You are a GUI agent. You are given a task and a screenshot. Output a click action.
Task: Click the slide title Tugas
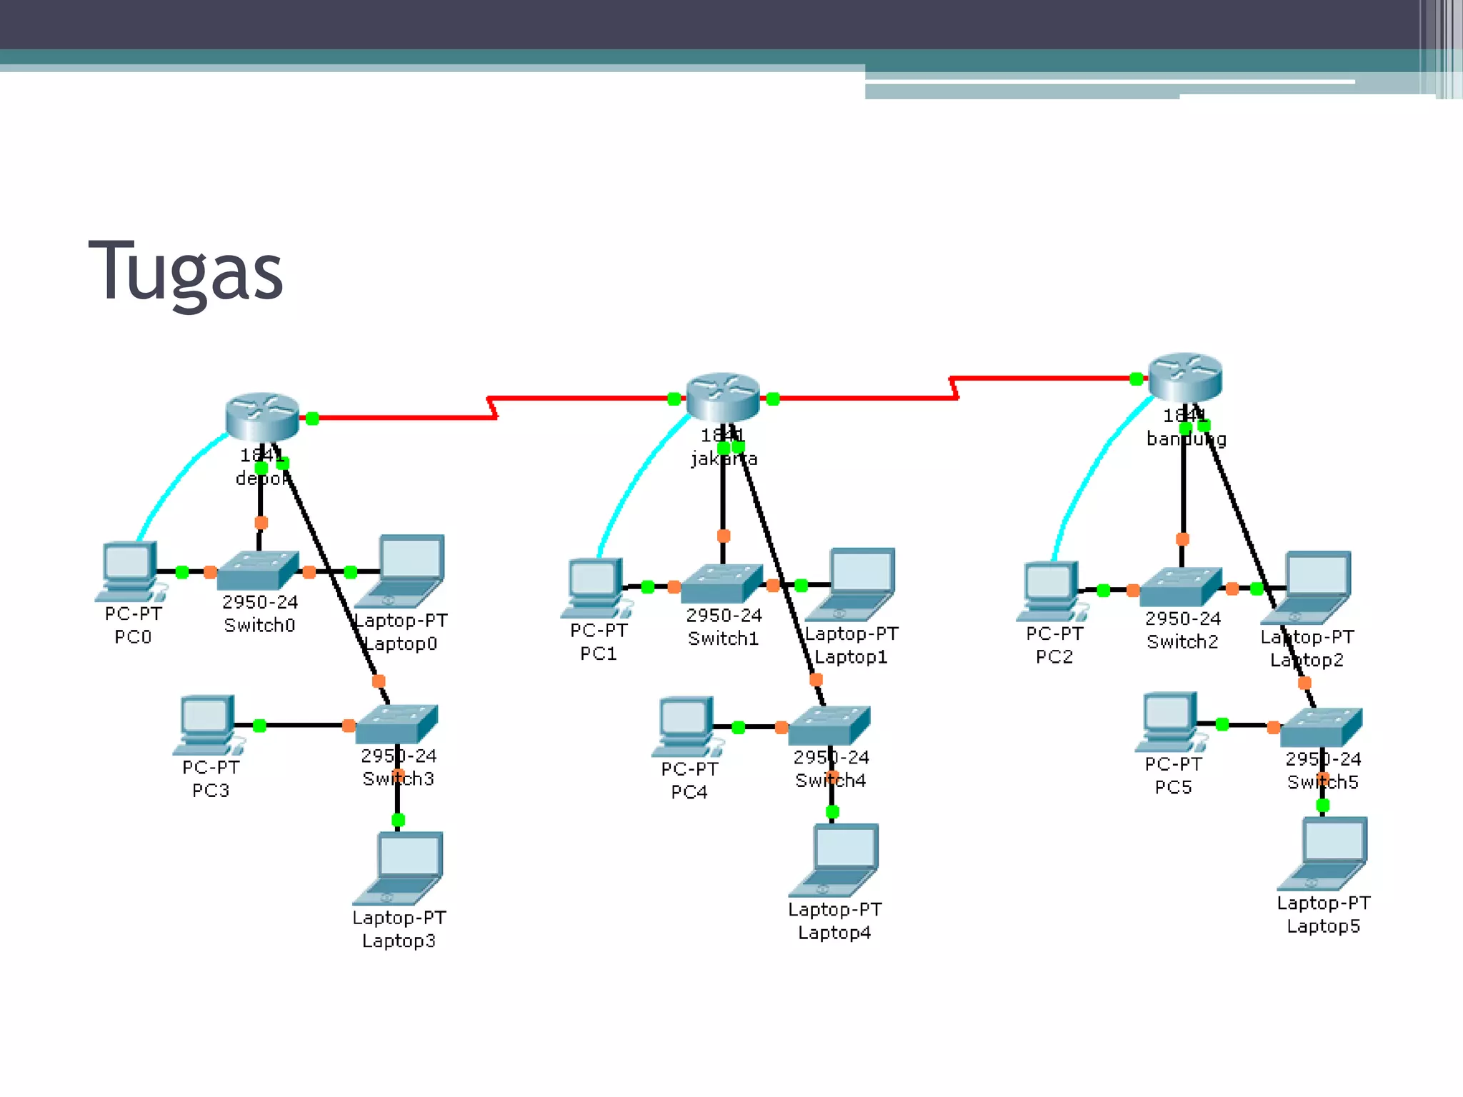pyautogui.click(x=186, y=271)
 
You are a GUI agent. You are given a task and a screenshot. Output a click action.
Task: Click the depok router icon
pyautogui.click(x=262, y=416)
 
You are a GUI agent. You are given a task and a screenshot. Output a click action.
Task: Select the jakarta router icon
pyautogui.click(x=722, y=396)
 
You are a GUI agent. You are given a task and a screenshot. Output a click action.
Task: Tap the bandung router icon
pyautogui.click(x=1185, y=376)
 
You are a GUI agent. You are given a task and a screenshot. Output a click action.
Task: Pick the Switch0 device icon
pyautogui.click(x=258, y=571)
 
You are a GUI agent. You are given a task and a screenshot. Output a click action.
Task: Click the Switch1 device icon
pyautogui.click(x=722, y=583)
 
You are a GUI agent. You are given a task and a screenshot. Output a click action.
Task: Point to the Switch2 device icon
pyautogui.click(x=1181, y=587)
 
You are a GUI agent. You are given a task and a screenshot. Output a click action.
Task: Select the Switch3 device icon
pyautogui.click(x=396, y=724)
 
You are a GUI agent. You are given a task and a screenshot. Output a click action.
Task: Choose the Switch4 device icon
pyautogui.click(x=829, y=726)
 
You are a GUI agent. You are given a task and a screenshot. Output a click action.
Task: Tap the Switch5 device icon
pyautogui.click(x=1322, y=727)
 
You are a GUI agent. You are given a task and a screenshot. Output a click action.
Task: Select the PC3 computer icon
pyautogui.click(x=208, y=724)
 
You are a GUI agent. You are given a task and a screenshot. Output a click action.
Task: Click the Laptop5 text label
pyautogui.click(x=1323, y=926)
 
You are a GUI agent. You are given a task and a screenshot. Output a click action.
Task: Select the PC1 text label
pyautogui.click(x=598, y=653)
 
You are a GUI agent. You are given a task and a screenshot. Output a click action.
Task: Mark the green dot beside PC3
pyautogui.click(x=259, y=726)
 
